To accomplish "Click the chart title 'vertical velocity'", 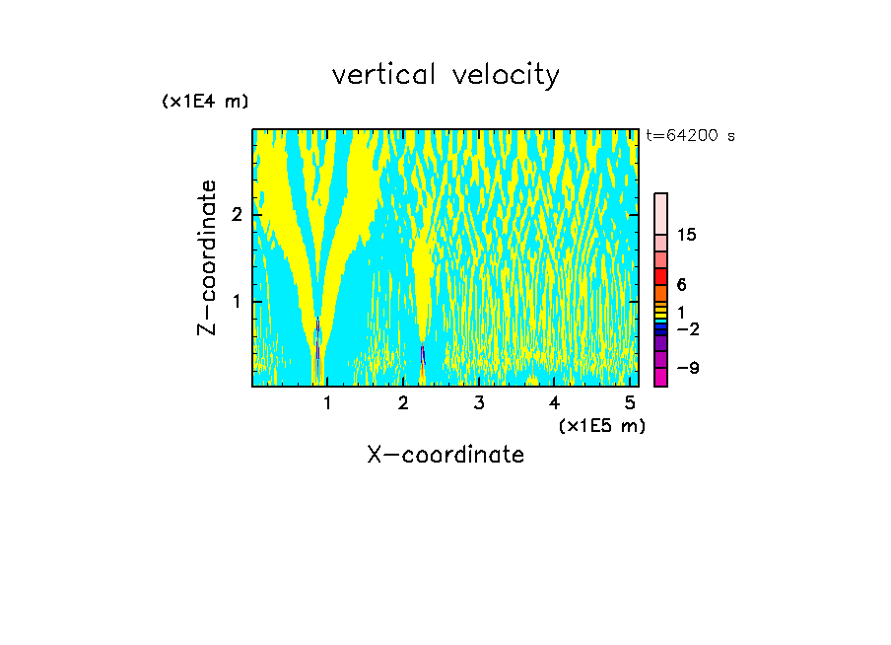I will tap(445, 75).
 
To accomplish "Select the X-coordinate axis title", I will tap(445, 455).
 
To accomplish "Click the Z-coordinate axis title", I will tap(207, 257).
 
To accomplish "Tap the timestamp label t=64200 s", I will tap(690, 136).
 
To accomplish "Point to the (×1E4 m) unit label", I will tap(205, 101).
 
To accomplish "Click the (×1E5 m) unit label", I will tap(601, 425).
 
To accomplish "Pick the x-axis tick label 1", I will tap(327, 403).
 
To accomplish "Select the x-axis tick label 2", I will tap(403, 403).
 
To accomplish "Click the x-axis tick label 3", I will tap(479, 403).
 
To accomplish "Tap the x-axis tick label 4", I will tap(554, 403).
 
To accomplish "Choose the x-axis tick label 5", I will tap(630, 403).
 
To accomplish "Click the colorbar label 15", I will tap(687, 235).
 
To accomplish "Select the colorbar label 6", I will tap(681, 285).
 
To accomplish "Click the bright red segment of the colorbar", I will tap(660, 276).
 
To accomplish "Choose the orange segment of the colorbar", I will tap(660, 293).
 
